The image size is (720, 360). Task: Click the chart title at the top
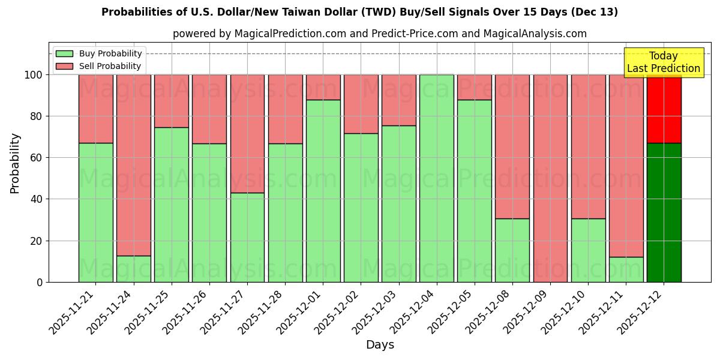359,12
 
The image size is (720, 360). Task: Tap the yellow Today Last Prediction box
663,62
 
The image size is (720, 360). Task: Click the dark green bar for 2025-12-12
664,212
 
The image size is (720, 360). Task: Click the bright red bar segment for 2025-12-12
664,109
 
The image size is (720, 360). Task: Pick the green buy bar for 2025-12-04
437,178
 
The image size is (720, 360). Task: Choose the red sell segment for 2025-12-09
550,178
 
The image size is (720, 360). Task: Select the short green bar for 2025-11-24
134,269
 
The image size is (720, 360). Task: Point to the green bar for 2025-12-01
323,191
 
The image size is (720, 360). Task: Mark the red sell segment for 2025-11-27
247,134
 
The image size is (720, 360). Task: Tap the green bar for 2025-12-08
512,250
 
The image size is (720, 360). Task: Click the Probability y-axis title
15,163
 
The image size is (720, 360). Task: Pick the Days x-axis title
380,345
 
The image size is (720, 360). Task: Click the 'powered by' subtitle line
379,34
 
